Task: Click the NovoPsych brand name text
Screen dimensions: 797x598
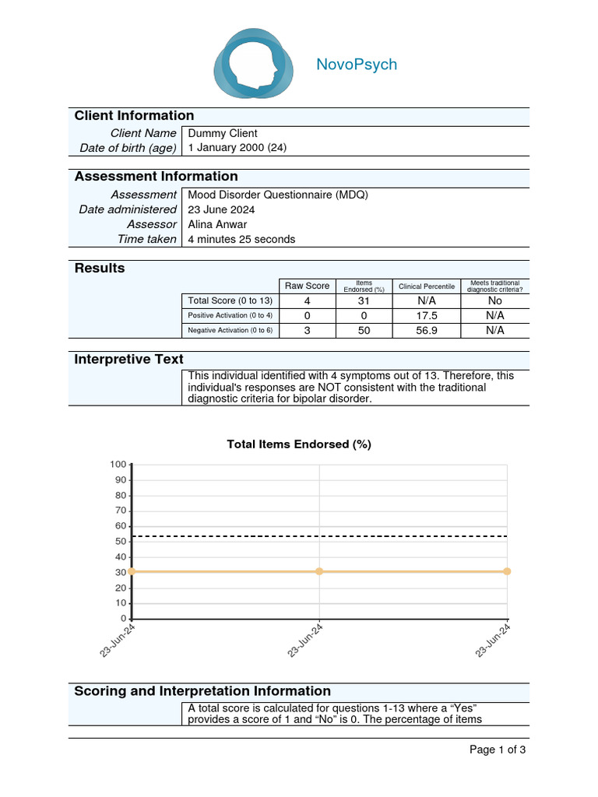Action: click(356, 65)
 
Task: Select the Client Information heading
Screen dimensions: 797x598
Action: click(134, 116)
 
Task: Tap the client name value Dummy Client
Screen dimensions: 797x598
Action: click(223, 133)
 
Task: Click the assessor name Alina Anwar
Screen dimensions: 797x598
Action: click(217, 224)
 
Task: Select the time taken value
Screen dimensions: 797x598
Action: click(241, 239)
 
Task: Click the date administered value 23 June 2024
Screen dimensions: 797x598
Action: click(221, 209)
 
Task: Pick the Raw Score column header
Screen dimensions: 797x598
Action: click(307, 286)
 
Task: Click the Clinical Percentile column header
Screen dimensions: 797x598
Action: click(426, 286)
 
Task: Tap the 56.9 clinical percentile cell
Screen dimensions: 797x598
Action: click(426, 330)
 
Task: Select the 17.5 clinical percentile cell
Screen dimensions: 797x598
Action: click(426, 315)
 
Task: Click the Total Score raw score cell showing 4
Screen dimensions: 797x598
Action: click(307, 300)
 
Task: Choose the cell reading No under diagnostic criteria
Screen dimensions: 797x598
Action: click(494, 300)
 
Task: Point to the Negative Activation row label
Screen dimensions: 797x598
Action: click(230, 330)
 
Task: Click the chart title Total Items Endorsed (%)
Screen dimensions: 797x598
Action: click(299, 444)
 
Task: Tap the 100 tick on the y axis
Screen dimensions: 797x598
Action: click(118, 465)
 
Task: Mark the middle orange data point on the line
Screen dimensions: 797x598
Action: click(319, 571)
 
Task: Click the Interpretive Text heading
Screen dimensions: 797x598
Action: click(128, 359)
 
